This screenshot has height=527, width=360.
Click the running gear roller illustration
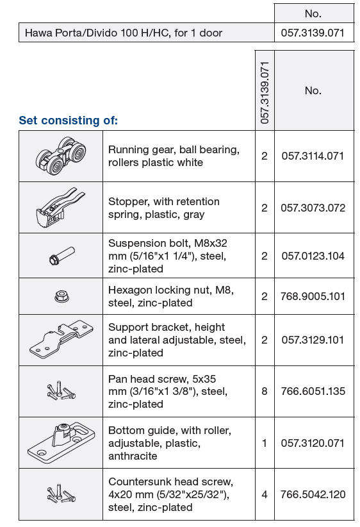[61, 156]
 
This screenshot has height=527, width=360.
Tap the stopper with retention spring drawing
[60, 207]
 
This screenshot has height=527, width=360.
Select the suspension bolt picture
[62, 256]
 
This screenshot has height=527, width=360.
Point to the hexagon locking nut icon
[61, 296]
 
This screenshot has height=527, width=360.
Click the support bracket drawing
[61, 339]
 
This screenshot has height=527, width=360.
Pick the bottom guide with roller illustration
[61, 442]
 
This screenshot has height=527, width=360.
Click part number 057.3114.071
[313, 156]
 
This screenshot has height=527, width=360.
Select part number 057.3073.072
[313, 208]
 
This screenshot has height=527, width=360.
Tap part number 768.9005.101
[313, 296]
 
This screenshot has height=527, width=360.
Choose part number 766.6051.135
[313, 391]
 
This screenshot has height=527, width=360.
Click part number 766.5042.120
[313, 494]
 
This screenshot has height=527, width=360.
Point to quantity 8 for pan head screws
[265, 391]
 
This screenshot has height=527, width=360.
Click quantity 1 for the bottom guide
[265, 443]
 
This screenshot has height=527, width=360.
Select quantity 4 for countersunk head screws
[265, 494]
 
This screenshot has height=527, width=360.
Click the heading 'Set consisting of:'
[69, 121]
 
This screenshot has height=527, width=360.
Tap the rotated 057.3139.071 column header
[265, 93]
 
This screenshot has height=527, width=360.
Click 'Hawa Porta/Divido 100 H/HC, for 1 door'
[124, 33]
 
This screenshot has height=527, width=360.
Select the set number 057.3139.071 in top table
[313, 33]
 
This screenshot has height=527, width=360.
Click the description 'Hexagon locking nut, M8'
[171, 290]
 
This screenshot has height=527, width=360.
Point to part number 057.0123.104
[313, 256]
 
